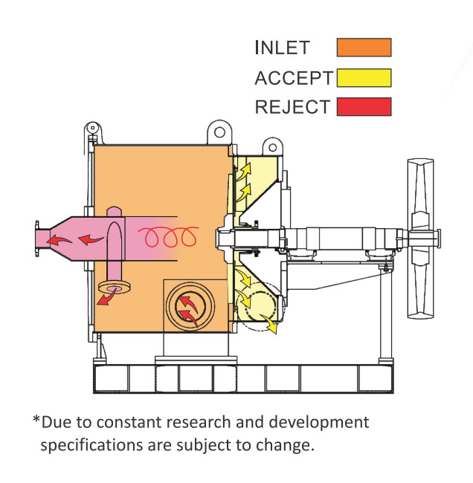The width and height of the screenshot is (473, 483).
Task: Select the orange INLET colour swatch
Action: [364, 48]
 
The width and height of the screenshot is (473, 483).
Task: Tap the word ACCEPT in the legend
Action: [293, 77]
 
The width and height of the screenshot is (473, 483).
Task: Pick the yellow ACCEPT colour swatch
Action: [364, 77]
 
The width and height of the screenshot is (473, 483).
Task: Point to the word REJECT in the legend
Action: [292, 107]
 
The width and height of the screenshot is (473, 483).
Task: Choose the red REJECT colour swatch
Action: [364, 107]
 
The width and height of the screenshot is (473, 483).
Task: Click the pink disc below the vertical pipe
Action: [114, 288]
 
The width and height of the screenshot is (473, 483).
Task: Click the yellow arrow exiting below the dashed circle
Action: [273, 325]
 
